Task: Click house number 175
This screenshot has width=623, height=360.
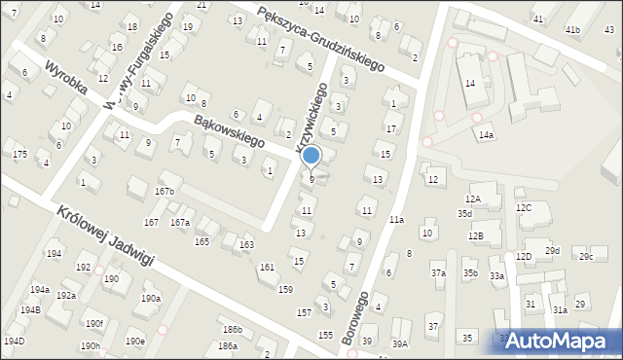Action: [19, 155]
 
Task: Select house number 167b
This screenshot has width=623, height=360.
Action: [164, 192]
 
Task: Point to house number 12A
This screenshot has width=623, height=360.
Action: [473, 199]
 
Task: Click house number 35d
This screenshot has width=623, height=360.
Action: [465, 213]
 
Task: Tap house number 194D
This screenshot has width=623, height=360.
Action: [14, 342]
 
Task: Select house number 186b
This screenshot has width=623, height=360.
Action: [232, 330]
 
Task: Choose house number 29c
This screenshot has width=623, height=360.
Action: [585, 257]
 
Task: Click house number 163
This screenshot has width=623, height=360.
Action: [247, 244]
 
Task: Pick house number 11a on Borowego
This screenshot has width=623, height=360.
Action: [397, 221]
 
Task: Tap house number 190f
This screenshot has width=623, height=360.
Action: [92, 323]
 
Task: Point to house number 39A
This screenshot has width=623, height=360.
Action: [400, 344]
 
